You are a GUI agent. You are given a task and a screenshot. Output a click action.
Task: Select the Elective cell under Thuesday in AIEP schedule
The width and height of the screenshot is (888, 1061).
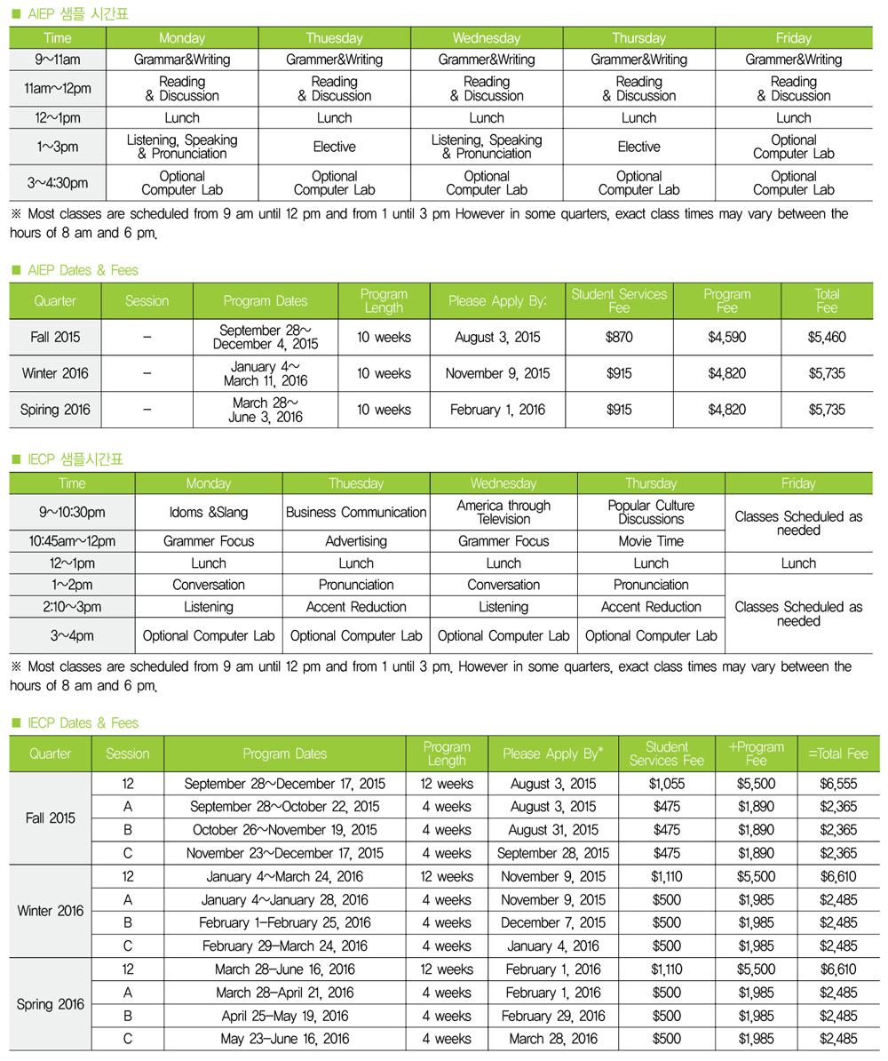coord(334,147)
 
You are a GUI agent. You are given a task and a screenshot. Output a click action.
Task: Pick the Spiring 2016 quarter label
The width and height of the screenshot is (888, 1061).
coord(55,410)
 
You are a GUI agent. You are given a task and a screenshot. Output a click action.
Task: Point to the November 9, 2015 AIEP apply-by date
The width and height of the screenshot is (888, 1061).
coord(497,373)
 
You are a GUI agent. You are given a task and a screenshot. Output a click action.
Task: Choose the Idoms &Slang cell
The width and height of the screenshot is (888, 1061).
coord(209,512)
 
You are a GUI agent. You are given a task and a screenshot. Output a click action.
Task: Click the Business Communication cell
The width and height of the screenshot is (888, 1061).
coord(355,512)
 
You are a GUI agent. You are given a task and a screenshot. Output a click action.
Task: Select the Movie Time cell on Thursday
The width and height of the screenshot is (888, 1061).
coord(650,540)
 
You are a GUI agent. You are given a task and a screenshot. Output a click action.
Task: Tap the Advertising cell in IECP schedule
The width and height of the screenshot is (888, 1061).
coord(355,540)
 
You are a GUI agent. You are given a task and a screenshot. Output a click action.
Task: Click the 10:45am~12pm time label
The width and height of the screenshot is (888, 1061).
coord(72,540)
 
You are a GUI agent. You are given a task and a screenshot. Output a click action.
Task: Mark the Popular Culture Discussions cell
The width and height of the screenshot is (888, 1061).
coord(650,512)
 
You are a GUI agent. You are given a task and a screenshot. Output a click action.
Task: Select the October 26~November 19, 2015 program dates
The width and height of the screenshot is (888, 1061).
coord(284,829)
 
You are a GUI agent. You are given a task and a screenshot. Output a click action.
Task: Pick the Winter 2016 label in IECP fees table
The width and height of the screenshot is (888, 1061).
coord(52,912)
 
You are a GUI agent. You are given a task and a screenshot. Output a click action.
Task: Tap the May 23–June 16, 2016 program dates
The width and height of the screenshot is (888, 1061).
coord(284,1037)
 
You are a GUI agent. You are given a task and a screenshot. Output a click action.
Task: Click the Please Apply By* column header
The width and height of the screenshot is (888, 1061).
coord(553,754)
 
